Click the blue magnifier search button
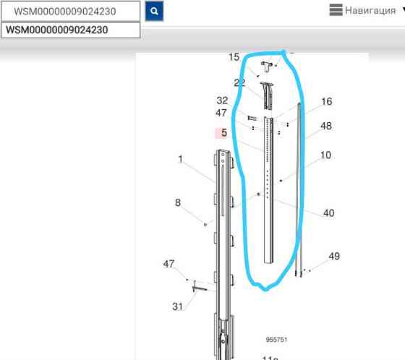154,11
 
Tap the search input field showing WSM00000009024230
71,12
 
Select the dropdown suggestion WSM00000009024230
71,30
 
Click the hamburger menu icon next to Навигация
336,10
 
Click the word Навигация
370,11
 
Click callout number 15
234,57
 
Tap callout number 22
239,82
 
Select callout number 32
222,100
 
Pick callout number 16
326,101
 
